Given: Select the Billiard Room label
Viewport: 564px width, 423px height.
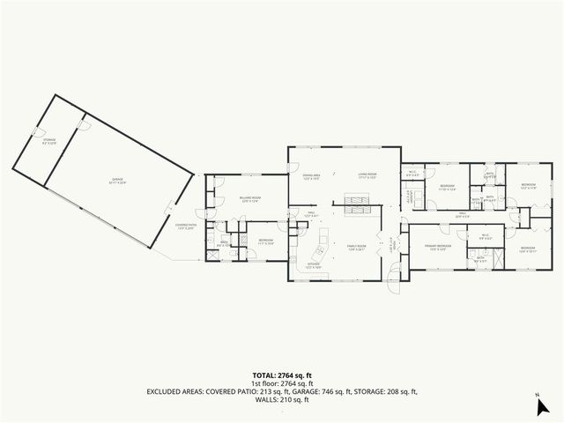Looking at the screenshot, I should (x=249, y=197).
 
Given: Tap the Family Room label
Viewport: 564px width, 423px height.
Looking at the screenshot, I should (x=356, y=247).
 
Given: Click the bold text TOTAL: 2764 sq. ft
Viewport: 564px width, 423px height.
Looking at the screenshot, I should (x=281, y=375).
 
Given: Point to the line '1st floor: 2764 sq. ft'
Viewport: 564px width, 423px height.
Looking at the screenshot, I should (x=281, y=382).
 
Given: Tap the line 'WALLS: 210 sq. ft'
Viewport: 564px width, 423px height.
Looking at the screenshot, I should (x=281, y=399).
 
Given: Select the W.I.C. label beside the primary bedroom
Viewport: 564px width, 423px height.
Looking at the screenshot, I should (x=485, y=234).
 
